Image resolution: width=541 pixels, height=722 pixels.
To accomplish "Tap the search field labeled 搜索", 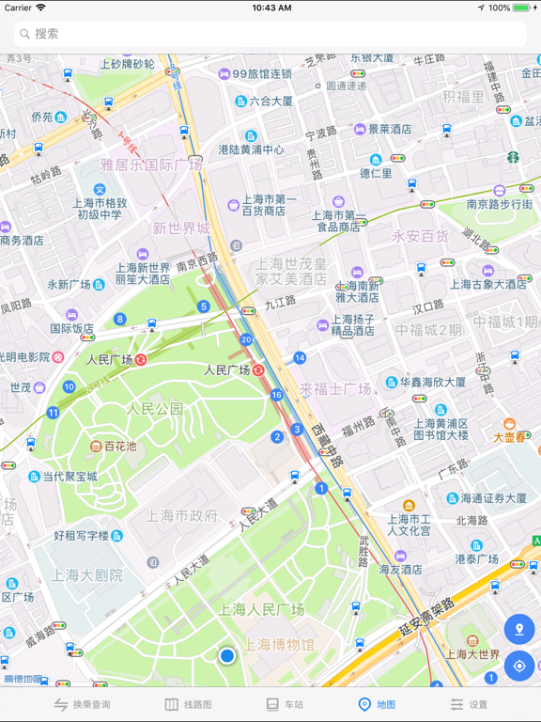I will click(x=270, y=34).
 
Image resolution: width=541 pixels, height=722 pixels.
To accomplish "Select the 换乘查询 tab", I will click(x=82, y=704).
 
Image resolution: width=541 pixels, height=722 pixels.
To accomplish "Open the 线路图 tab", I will click(x=189, y=704).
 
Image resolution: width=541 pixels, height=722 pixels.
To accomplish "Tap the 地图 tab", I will click(x=377, y=704).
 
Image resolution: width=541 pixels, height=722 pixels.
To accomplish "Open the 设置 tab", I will click(x=469, y=704).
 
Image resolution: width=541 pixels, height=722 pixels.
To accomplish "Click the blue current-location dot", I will click(x=226, y=655).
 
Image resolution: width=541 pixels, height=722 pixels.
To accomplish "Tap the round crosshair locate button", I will click(x=518, y=666).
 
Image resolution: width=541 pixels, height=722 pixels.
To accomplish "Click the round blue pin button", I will click(x=518, y=630).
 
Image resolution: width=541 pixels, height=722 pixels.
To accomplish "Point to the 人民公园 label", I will click(x=155, y=409).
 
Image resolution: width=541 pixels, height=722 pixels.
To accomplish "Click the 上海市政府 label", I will click(x=182, y=515).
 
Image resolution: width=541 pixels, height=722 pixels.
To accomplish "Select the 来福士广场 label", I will click(x=335, y=388).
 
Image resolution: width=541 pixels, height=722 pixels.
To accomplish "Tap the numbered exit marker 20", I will click(x=246, y=339).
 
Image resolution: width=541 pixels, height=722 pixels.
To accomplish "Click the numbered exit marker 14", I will click(x=300, y=358).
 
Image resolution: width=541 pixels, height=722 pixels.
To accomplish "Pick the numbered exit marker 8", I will click(x=120, y=320).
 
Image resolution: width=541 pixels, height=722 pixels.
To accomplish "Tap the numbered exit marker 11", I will click(x=53, y=413).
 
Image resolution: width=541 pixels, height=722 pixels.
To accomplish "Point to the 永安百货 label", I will click(x=420, y=236).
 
